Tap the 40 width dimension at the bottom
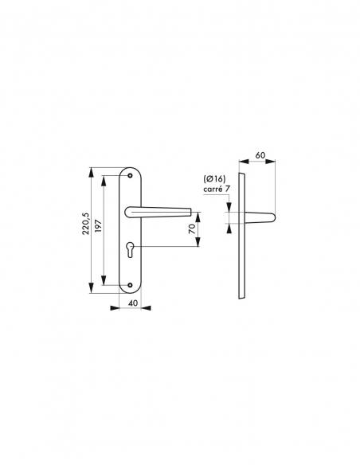tap(132, 303)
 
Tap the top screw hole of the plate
tap(131, 176)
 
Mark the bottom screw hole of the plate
tap(131, 283)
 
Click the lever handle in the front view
tap(159, 211)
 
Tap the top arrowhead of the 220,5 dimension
tap(92, 170)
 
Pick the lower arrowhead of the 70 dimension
tap(198, 247)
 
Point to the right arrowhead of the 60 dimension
tap(273, 162)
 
